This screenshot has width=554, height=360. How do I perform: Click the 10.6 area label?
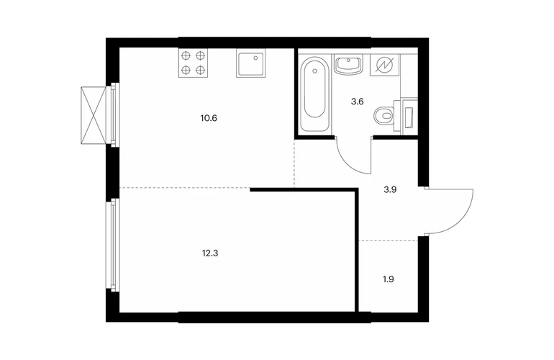point(209,118)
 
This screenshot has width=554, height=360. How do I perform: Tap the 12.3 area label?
point(210,253)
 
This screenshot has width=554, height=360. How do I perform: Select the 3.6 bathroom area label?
point(357,102)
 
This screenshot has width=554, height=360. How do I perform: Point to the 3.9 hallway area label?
point(390,189)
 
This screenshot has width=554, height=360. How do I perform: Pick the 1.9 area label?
point(389,279)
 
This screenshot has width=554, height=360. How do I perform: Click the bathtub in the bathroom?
point(314,93)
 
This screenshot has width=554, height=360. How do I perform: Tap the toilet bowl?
point(383,115)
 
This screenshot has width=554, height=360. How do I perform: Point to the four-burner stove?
point(194,63)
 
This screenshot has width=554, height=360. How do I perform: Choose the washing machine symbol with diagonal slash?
point(384,65)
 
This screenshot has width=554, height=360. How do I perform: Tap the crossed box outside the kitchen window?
point(94,115)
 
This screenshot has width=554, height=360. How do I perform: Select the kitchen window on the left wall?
point(114,114)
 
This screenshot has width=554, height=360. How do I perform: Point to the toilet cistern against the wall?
point(409,116)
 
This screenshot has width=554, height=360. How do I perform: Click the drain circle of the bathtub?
point(314,71)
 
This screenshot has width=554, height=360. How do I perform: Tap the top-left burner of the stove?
point(186,55)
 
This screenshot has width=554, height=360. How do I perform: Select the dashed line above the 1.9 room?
point(389,240)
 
